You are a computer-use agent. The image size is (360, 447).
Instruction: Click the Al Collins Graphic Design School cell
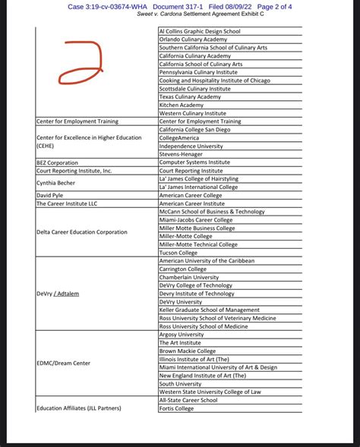[199, 31]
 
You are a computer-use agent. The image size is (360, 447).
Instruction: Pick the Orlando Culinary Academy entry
[193, 39]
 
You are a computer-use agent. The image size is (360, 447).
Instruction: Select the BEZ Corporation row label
[57, 162]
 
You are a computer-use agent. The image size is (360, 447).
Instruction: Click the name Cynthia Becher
[55, 183]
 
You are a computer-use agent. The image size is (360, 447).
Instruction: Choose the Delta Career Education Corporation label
[82, 232]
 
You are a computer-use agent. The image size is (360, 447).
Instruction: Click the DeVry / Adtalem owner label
[58, 294]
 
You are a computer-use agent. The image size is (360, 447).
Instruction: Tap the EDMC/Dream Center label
[63, 363]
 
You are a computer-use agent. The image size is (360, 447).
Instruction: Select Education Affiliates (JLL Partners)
[78, 408]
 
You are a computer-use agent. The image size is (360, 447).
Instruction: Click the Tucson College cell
[180, 253]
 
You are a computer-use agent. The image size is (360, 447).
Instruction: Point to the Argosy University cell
[182, 334]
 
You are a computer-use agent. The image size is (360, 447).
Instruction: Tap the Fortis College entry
[176, 408]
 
